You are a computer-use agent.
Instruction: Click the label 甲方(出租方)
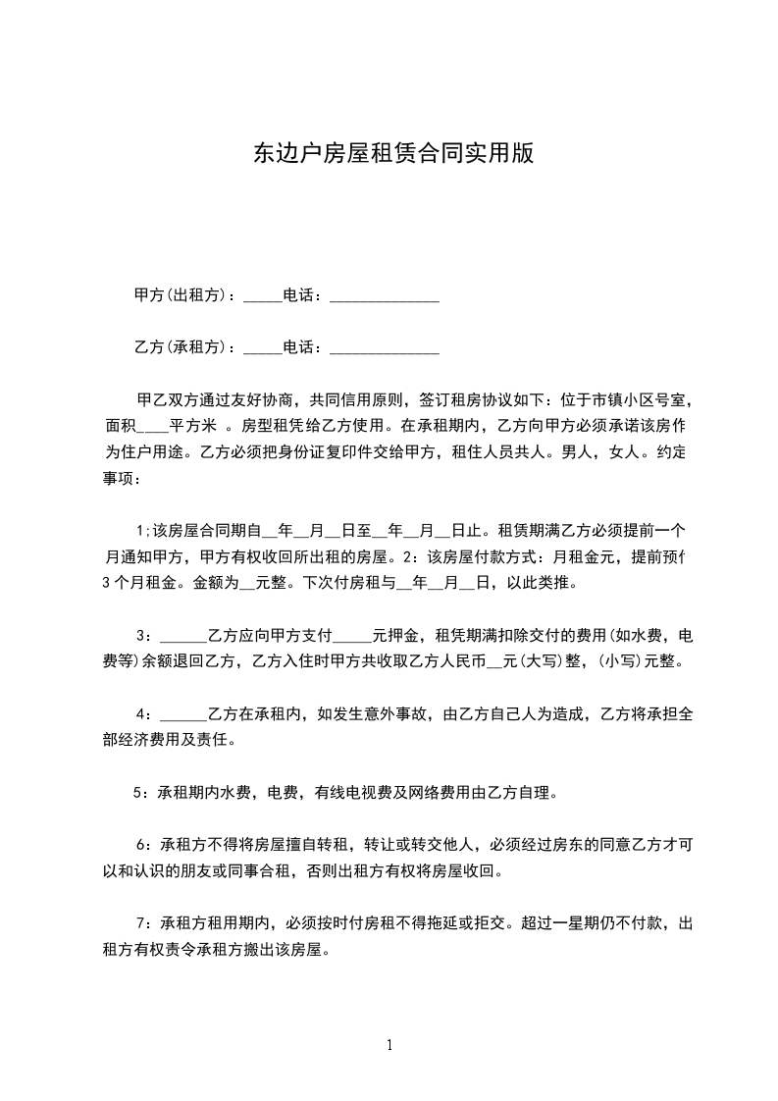click(181, 295)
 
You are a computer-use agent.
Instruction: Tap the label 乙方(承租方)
click(181, 347)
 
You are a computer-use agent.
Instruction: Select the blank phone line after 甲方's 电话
click(384, 297)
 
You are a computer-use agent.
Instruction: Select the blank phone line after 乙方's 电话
click(384, 349)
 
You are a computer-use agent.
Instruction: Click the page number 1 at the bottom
click(389, 1045)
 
